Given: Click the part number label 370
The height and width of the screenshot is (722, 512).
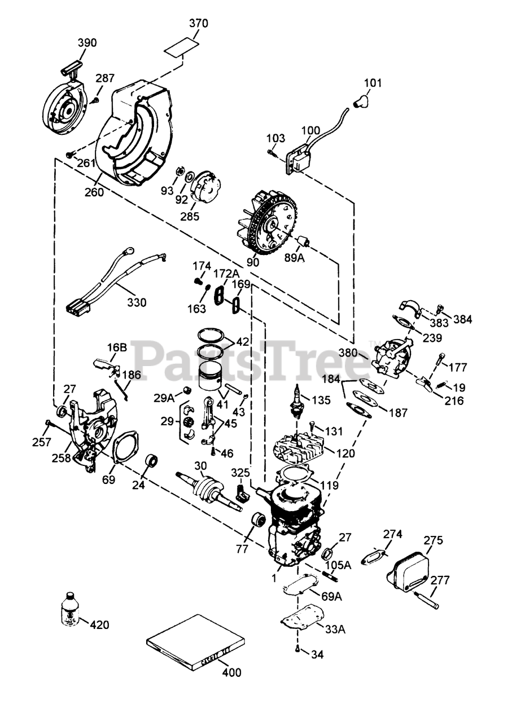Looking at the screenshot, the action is pyautogui.click(x=198, y=24).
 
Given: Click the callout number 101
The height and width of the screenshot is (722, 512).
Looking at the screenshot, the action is pyautogui.click(x=373, y=83).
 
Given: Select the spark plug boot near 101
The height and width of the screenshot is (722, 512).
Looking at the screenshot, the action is pyautogui.click(x=361, y=100).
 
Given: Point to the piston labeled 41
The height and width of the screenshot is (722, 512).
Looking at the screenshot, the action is pyautogui.click(x=209, y=375).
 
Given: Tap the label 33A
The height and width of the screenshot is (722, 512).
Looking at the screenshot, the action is pyautogui.click(x=336, y=629).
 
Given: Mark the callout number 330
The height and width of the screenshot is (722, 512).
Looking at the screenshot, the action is pyautogui.click(x=137, y=302).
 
